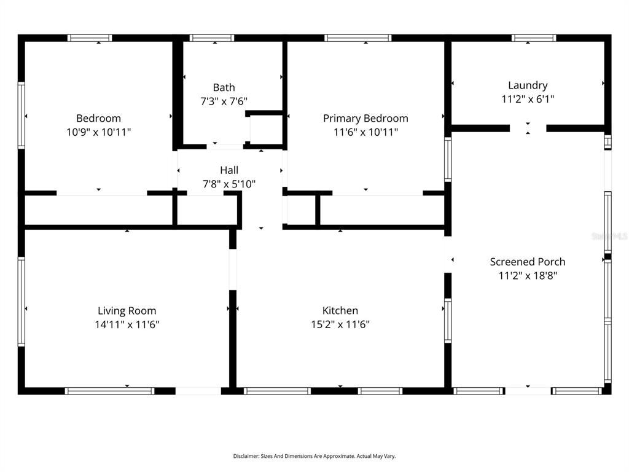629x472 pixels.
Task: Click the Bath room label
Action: [224, 87]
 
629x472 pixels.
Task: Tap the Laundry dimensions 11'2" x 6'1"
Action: [528, 99]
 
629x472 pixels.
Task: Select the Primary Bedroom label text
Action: [365, 118]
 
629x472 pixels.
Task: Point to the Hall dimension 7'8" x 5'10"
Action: [229, 184]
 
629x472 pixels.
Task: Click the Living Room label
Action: [127, 310]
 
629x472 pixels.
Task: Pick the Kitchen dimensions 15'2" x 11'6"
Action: [340, 324]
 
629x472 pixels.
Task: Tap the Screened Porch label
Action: [528, 262]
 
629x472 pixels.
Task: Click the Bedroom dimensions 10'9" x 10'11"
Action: [99, 132]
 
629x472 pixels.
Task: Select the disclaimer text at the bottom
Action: [314, 456]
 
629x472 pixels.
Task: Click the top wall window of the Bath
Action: [212, 38]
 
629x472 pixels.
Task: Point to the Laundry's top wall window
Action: [534, 38]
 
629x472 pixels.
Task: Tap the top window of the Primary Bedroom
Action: [358, 38]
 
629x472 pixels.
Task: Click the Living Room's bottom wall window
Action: [109, 391]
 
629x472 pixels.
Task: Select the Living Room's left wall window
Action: [21, 301]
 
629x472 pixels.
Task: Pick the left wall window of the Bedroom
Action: [21, 115]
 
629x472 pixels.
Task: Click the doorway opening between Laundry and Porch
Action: [528, 128]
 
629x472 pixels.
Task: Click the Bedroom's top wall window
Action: [90, 38]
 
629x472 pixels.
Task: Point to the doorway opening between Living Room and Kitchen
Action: [233, 269]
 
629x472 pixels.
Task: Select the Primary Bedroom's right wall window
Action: [448, 159]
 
